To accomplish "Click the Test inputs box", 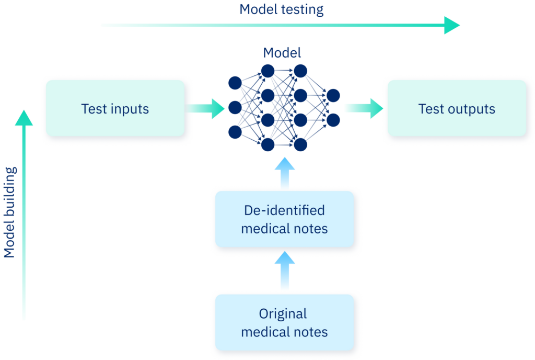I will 115,108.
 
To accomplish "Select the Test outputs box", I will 456,108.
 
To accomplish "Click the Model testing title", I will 282,9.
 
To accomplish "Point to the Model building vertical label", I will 10,212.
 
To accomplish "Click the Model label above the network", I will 282,52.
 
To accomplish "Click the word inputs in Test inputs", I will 130,109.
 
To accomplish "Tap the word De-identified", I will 285,210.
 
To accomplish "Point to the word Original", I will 283,314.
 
